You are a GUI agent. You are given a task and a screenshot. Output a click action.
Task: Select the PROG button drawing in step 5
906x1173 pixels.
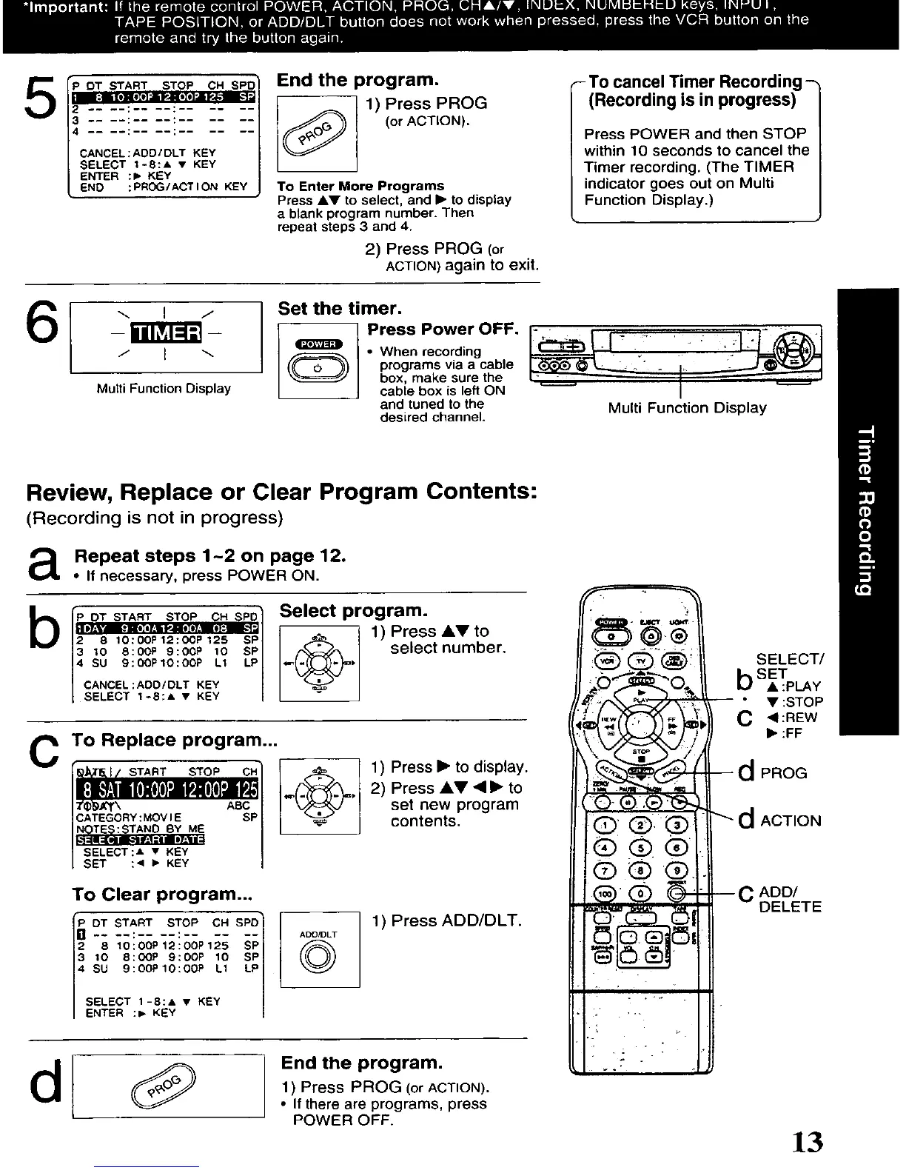pyautogui.click(x=317, y=135)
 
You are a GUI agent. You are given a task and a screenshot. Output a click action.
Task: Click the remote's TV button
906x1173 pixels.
pyautogui.click(x=641, y=661)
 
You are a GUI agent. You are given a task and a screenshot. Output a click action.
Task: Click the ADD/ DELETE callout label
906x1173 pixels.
pyautogui.click(x=789, y=899)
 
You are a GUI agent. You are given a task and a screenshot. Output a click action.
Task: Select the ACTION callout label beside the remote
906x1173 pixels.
pyautogui.click(x=790, y=821)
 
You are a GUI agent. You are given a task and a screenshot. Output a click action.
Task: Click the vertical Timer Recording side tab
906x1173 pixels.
pyautogui.click(x=870, y=511)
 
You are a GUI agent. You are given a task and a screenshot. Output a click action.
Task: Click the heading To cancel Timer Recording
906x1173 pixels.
pyautogui.click(x=695, y=81)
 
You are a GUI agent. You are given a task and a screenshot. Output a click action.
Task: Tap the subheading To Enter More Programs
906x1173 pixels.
pyautogui.click(x=360, y=186)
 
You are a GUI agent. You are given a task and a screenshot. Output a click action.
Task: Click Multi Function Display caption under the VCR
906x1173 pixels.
pyautogui.click(x=687, y=407)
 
